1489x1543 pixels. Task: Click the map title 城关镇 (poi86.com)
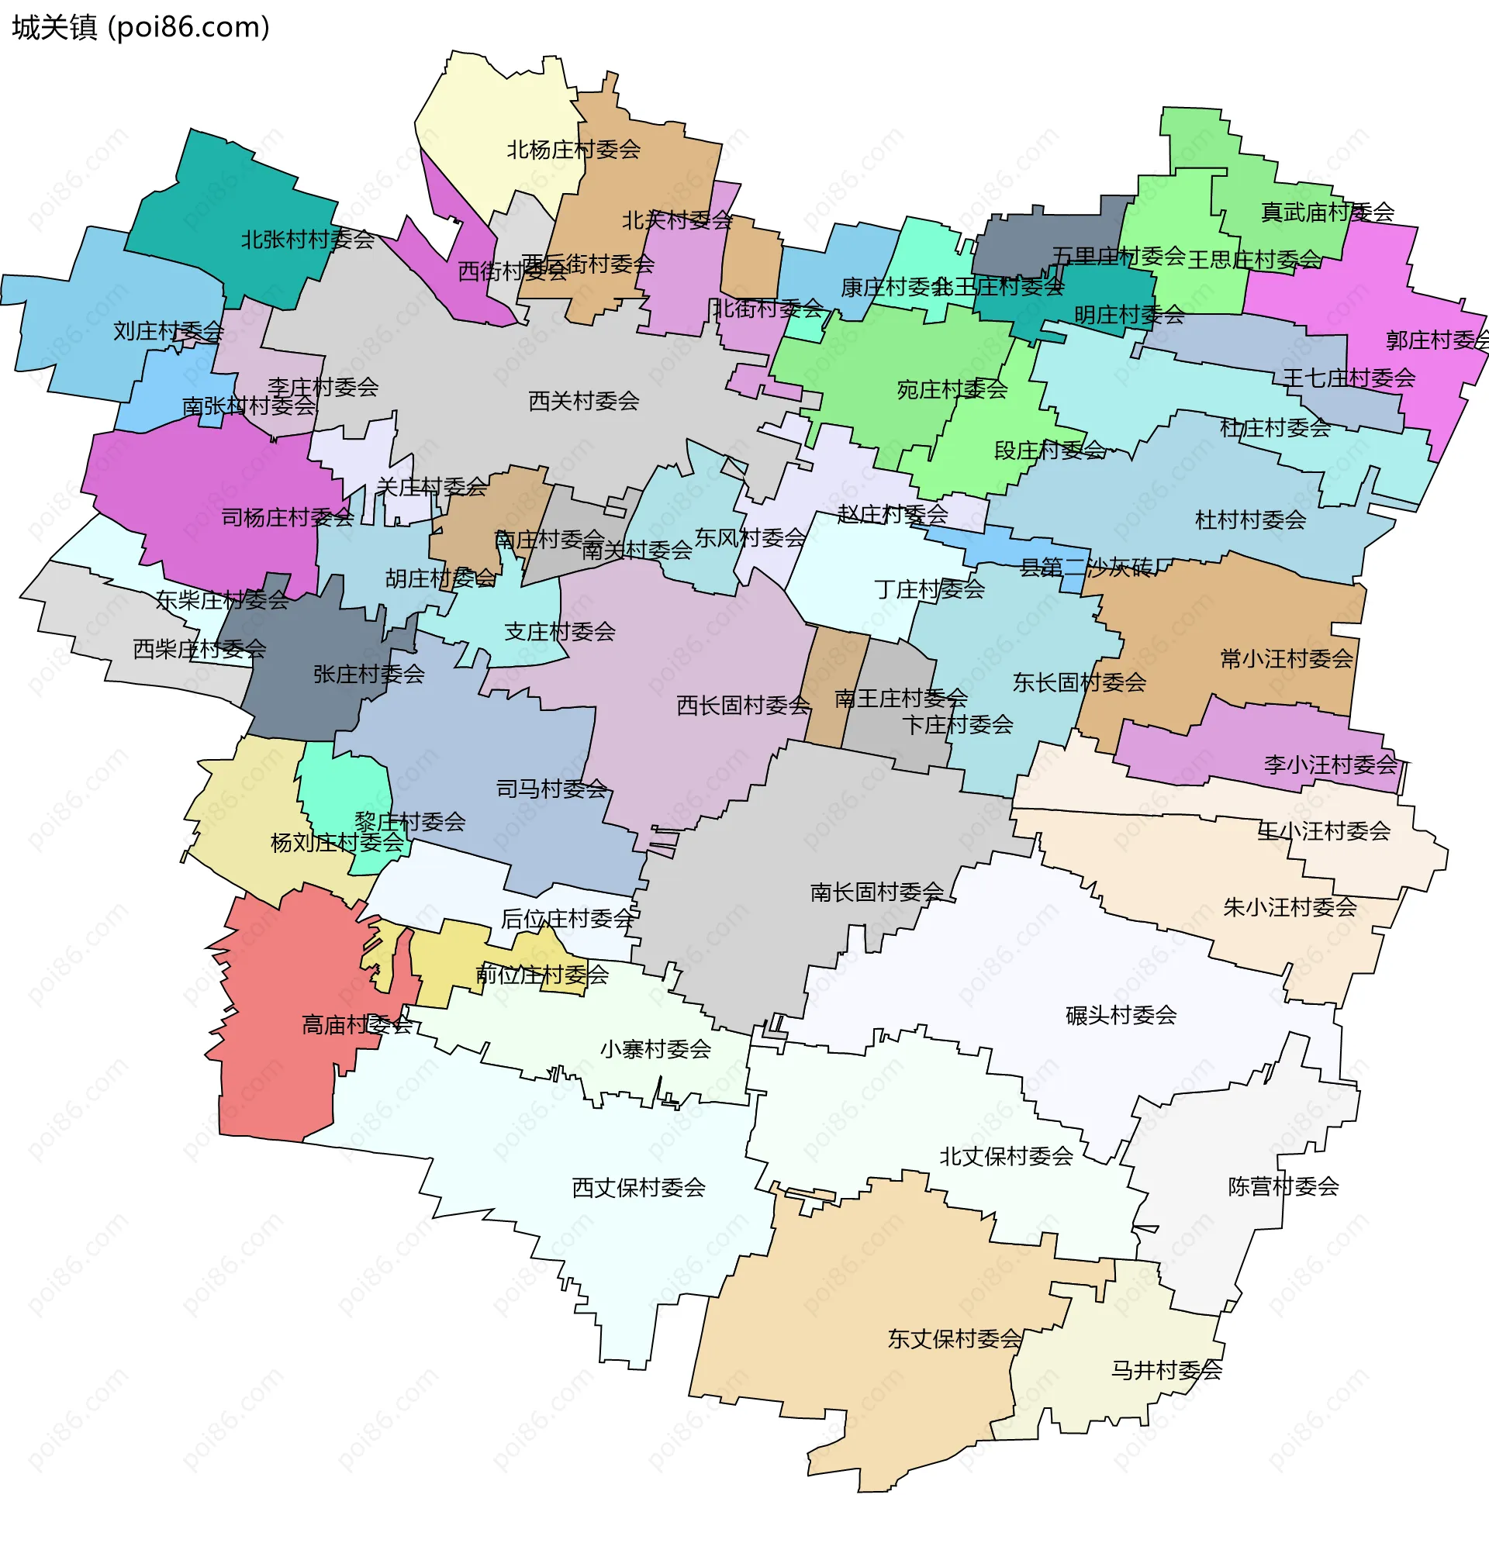pyautogui.click(x=141, y=28)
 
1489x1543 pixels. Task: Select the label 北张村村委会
pyautogui.click(x=307, y=240)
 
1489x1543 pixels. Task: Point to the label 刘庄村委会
pyautogui.click(x=168, y=331)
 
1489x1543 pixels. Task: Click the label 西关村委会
pyautogui.click(x=583, y=402)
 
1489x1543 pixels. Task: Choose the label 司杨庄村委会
pyautogui.click(x=288, y=518)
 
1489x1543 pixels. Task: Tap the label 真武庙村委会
pyautogui.click(x=1327, y=212)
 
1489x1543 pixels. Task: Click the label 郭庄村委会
pyautogui.click(x=1436, y=341)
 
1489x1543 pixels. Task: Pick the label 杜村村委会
pyautogui.click(x=1249, y=520)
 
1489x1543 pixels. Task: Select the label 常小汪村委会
pyautogui.click(x=1286, y=659)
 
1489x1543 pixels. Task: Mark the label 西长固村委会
pyautogui.click(x=742, y=706)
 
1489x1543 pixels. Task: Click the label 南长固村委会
pyautogui.click(x=876, y=892)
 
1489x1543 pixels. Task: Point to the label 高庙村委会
pyautogui.click(x=357, y=1025)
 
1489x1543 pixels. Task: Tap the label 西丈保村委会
pyautogui.click(x=637, y=1188)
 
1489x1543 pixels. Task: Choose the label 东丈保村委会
pyautogui.click(x=954, y=1339)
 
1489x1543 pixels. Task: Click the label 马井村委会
pyautogui.click(x=1166, y=1371)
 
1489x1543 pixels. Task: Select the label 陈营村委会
pyautogui.click(x=1283, y=1187)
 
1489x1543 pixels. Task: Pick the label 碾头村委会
pyautogui.click(x=1121, y=1016)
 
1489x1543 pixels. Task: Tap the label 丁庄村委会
pyautogui.click(x=929, y=589)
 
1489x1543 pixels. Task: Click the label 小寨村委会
pyautogui.click(x=655, y=1049)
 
